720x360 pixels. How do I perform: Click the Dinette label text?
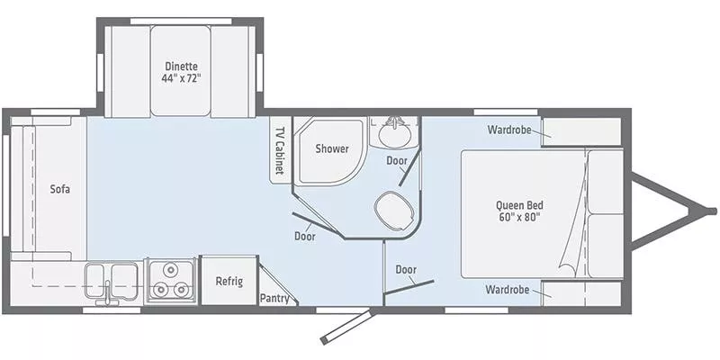pos(181,65)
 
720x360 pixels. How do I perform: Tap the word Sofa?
pos(60,189)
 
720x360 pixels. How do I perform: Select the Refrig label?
pos(229,281)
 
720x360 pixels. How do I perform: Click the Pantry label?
pos(274,298)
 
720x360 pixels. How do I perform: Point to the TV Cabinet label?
pos(280,149)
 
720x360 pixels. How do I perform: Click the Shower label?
pos(331,149)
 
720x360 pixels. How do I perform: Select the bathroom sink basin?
pos(392,135)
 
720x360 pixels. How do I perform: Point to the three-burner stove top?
pos(170,281)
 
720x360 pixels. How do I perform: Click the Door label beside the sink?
pos(396,160)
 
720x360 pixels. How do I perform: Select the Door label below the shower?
pos(304,236)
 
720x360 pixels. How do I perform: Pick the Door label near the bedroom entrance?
pos(406,269)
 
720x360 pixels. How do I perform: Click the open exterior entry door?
pos(344,326)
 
